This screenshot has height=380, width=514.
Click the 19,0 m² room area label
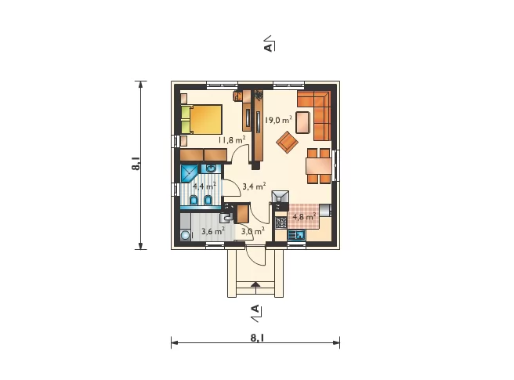point(278,120)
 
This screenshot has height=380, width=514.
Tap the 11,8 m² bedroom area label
point(232,140)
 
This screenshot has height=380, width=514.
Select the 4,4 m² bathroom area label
point(205,186)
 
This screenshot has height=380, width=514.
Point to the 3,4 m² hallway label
point(254,186)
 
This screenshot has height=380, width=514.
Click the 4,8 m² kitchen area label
point(304,216)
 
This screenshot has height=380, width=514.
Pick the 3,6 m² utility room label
point(213,231)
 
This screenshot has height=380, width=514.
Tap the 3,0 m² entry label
point(253,231)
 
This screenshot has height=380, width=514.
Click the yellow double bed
point(201,119)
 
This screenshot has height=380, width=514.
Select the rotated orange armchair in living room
point(287,142)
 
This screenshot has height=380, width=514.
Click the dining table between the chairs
point(319,166)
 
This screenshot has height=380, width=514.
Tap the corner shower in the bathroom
point(189,173)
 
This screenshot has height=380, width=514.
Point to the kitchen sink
point(296,235)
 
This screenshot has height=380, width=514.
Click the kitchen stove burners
point(281,223)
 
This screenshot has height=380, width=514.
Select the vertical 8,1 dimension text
point(136,164)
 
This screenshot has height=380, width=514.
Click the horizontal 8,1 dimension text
point(257,338)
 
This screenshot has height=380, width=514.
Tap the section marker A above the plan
point(268,47)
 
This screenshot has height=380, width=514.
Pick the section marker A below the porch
point(255,309)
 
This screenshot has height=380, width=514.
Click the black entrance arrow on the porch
point(255,284)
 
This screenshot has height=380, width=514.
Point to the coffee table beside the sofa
point(303,122)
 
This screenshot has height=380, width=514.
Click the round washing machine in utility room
point(185,235)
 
